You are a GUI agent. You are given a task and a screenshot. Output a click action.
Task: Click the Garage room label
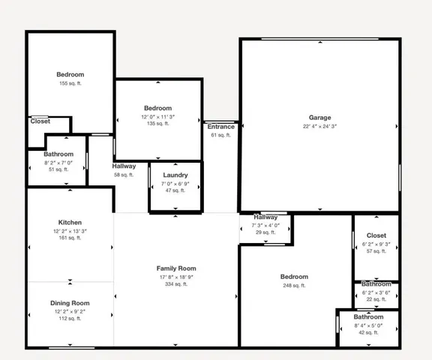[x=319, y=118]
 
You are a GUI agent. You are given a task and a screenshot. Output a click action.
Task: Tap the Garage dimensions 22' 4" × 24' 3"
[x=319, y=126]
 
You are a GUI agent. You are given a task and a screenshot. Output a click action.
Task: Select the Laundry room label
[x=175, y=175]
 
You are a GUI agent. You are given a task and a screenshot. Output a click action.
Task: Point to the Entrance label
[x=220, y=127]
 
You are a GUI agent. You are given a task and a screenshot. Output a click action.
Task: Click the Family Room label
[x=175, y=268]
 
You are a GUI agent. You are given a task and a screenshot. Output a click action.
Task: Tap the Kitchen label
[x=70, y=223]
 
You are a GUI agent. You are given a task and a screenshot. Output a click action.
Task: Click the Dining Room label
[x=70, y=303]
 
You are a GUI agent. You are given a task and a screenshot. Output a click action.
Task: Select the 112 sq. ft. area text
[x=70, y=318]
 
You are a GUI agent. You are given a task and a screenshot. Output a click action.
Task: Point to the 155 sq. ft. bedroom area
[x=70, y=83]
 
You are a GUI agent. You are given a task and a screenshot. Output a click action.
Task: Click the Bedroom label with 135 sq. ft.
[x=157, y=109]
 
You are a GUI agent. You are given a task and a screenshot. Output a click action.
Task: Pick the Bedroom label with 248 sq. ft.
[x=294, y=277]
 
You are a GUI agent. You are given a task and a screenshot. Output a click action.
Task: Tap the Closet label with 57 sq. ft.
[x=376, y=235]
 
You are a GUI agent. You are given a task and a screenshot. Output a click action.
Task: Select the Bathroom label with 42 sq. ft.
[x=368, y=317]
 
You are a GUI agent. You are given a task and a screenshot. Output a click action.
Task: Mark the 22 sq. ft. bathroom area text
[x=376, y=299]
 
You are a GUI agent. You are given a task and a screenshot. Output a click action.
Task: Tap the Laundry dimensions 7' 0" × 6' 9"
[x=175, y=183]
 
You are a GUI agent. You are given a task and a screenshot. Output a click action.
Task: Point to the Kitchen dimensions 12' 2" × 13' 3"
[x=70, y=231]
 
